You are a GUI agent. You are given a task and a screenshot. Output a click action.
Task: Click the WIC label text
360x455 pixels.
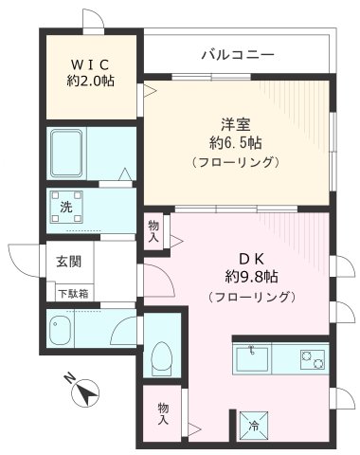(x=91, y=64)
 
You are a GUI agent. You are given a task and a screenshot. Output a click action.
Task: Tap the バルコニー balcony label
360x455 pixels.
(x=237, y=54)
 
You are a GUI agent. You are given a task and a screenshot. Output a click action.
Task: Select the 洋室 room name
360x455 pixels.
(x=236, y=124)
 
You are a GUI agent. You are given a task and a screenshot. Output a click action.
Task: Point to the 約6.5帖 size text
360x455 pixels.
(x=236, y=143)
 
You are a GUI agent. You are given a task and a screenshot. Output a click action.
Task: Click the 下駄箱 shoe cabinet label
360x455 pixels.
(x=72, y=294)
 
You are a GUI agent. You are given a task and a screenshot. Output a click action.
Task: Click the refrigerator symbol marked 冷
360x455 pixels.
(x=254, y=426)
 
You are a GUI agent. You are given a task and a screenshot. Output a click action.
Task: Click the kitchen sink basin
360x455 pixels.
(x=256, y=359)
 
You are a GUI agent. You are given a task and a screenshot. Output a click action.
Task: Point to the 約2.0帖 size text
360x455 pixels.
(x=91, y=82)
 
